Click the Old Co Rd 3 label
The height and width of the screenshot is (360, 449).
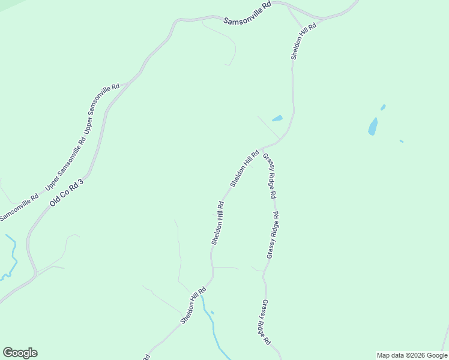click(66, 193)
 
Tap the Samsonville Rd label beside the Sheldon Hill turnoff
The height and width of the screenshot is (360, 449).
click(248, 13)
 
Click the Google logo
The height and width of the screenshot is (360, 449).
click(20, 353)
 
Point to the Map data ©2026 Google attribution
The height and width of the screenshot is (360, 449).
click(411, 355)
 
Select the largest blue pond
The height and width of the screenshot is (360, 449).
click(373, 127)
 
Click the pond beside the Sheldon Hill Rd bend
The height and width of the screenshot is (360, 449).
click(277, 118)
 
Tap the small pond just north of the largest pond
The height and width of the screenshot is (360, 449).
click(383, 107)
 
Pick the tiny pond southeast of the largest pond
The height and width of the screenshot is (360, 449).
click(401, 141)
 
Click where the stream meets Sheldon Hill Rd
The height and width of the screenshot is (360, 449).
click(202, 292)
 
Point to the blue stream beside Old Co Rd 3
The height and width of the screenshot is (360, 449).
click(11, 255)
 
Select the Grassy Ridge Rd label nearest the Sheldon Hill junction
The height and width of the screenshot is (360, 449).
click(270, 176)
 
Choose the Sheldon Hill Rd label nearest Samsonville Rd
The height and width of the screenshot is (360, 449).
click(303, 41)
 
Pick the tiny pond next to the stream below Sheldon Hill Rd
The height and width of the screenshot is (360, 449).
click(212, 313)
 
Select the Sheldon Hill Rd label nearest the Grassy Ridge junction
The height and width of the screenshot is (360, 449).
click(244, 168)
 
